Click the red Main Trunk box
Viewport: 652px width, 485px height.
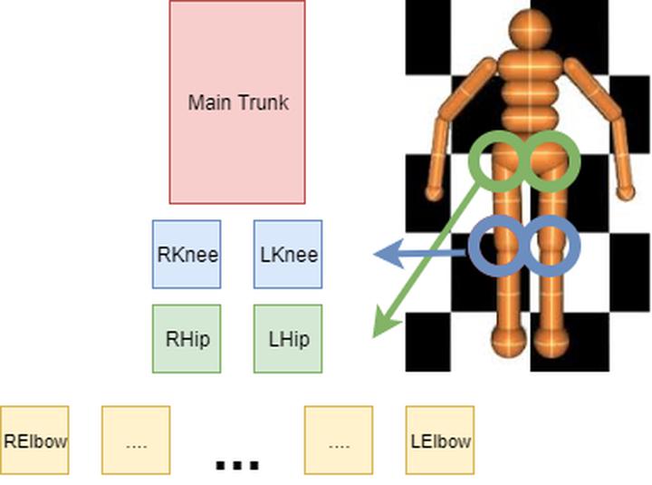pyautogui.click(x=237, y=102)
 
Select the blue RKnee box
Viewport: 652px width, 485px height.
pyautogui.click(x=187, y=254)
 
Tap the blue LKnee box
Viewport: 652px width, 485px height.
pyautogui.click(x=288, y=254)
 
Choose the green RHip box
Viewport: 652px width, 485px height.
pyautogui.click(x=187, y=339)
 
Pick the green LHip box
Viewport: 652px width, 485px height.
pyautogui.click(x=288, y=339)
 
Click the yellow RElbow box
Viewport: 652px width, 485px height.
pyautogui.click(x=34, y=441)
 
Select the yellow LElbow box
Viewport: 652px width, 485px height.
pyautogui.click(x=439, y=441)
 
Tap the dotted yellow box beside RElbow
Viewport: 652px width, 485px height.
pyautogui.click(x=136, y=441)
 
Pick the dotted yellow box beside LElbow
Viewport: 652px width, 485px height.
pyautogui.click(x=339, y=441)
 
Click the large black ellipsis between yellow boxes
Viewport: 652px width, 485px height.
pyautogui.click(x=237, y=464)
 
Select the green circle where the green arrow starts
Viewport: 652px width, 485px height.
pyautogui.click(x=498, y=161)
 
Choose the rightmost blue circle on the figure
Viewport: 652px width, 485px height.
pyautogui.click(x=550, y=245)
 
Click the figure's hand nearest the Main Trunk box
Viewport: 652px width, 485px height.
pyautogui.click(x=435, y=191)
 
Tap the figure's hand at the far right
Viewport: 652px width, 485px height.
pyautogui.click(x=626, y=191)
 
